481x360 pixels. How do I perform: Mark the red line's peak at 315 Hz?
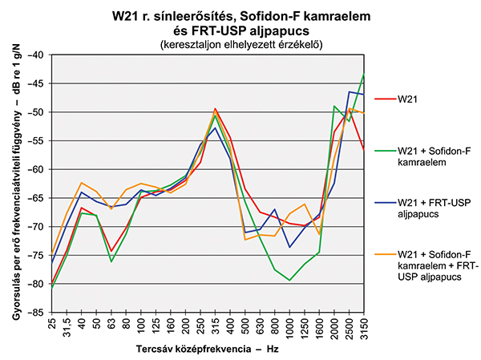tap(215, 108)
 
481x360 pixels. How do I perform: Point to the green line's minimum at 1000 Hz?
tap(289, 280)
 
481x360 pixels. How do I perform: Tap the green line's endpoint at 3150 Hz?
tap(364, 75)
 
